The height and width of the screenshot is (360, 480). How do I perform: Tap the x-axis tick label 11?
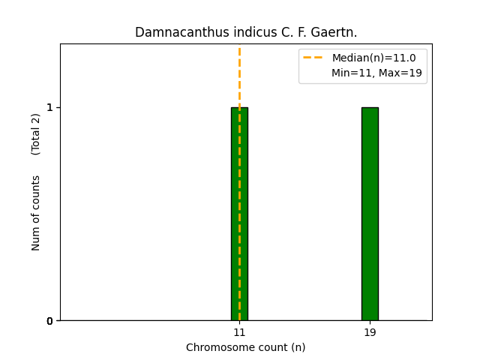[239, 332]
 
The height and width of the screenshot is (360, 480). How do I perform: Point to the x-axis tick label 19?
[370, 332]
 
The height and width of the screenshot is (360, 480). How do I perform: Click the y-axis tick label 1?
[50, 107]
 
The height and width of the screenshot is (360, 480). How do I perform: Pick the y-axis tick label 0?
[50, 321]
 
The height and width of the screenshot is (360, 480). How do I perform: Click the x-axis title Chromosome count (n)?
[245, 347]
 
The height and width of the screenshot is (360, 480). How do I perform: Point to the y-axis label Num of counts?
[36, 213]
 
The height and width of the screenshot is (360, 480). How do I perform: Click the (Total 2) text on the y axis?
[36, 134]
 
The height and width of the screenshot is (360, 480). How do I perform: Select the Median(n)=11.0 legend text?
[373, 58]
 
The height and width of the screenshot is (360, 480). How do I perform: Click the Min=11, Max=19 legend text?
[376, 73]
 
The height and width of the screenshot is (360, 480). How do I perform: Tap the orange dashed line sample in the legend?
[313, 58]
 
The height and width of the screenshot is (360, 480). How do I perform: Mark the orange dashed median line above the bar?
[239, 75]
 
